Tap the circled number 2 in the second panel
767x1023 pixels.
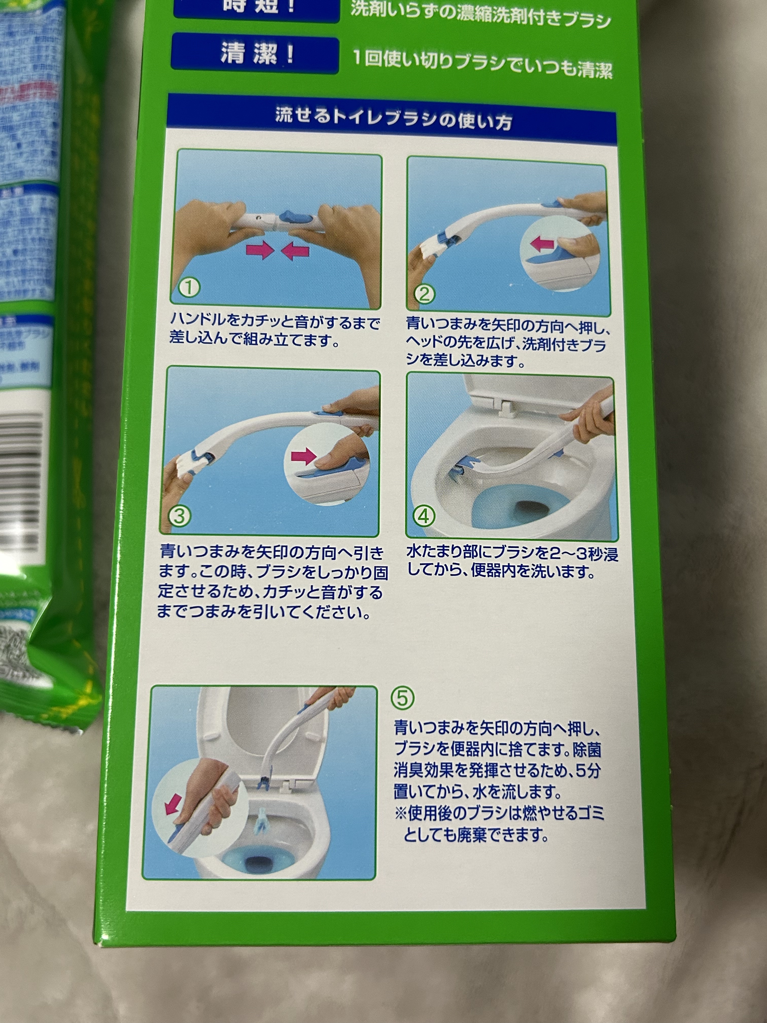pyautogui.click(x=424, y=294)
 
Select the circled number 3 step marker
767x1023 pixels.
pyautogui.click(x=179, y=516)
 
